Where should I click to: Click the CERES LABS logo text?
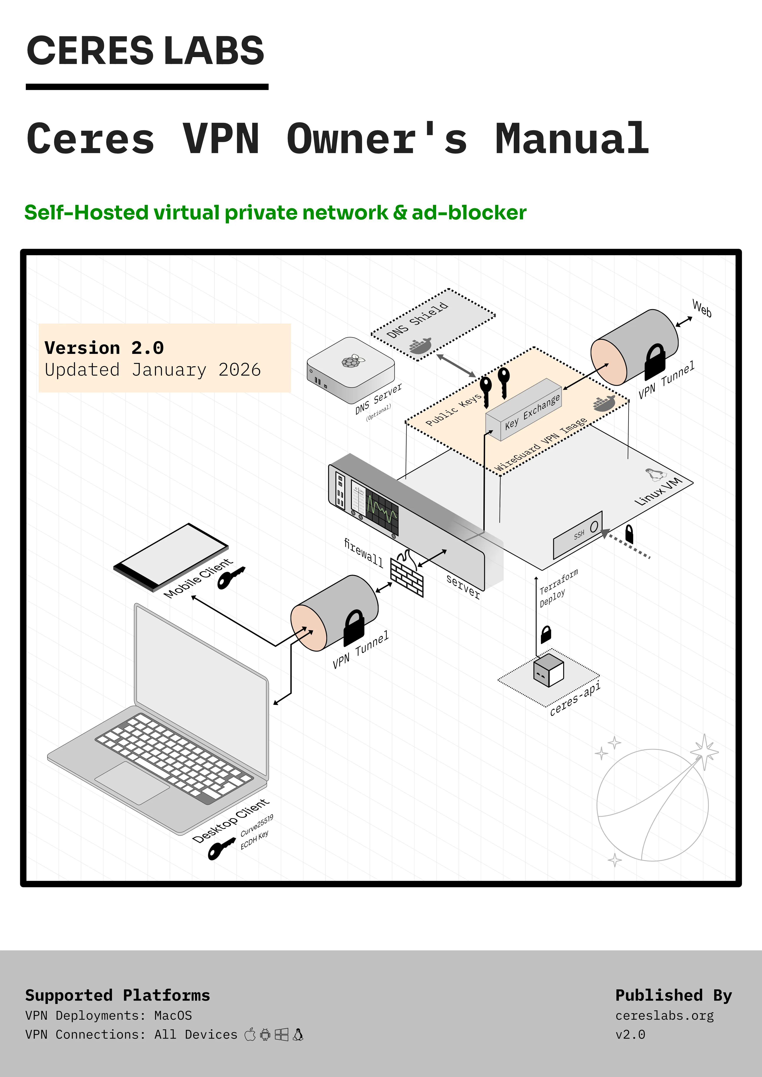[146, 51]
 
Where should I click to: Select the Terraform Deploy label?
[557, 589]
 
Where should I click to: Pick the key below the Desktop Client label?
[220, 848]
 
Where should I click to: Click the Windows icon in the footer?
[282, 1034]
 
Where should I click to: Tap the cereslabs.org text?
[664, 1016]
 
